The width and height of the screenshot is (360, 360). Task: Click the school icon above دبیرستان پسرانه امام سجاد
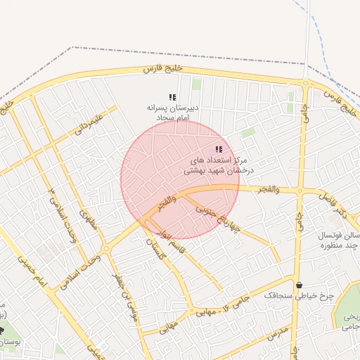172,98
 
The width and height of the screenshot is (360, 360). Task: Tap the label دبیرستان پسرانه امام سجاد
173,113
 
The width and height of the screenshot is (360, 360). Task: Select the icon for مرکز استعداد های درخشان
219,150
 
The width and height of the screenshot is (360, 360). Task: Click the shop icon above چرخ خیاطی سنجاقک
300,285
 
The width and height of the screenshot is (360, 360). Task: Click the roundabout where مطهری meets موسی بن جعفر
105,249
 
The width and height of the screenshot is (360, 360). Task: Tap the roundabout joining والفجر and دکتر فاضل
300,191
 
